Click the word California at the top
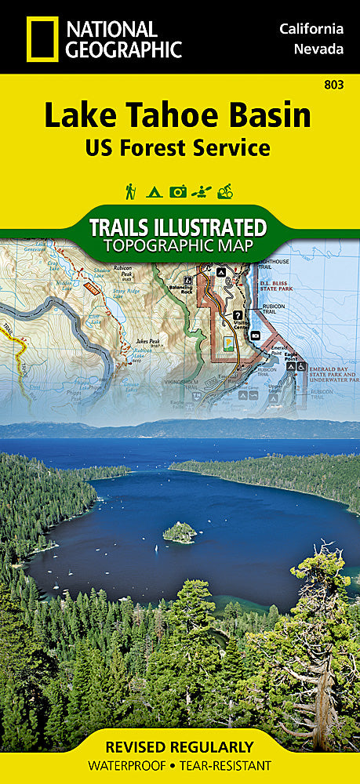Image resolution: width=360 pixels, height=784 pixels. tap(311, 29)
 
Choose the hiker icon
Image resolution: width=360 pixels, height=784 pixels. tap(130, 191)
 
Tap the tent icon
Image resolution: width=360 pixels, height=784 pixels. tap(155, 191)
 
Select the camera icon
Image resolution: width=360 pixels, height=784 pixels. tap(179, 191)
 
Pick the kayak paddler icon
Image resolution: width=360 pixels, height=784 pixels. tap(202, 191)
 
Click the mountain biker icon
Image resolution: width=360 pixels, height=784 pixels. tap(226, 191)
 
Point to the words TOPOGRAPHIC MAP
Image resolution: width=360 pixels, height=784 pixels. tap(179, 245)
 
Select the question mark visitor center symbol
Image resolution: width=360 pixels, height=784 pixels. tap(237, 314)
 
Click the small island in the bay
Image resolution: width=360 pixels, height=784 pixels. tap(180, 533)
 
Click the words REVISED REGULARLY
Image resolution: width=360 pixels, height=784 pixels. tap(180, 747)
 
